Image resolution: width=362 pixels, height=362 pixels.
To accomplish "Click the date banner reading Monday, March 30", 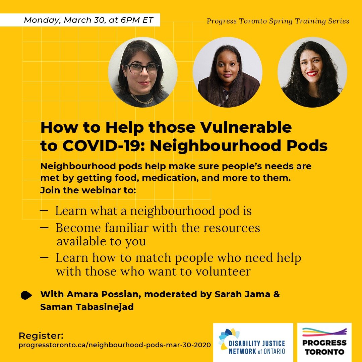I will click(x=88, y=20).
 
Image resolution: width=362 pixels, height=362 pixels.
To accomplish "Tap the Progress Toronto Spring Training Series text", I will click(x=278, y=21).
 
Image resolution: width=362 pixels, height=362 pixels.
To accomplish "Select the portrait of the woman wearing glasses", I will click(x=143, y=72).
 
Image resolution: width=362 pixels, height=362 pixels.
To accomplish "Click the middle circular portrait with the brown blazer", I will click(x=228, y=72).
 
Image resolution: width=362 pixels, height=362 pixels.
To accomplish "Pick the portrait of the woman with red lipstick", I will click(x=312, y=72).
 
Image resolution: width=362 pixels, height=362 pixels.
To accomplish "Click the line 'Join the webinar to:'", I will click(x=88, y=190).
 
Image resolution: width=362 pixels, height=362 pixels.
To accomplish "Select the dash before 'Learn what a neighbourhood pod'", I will click(x=44, y=210).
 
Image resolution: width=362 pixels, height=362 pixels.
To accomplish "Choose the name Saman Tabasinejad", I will click(x=87, y=307).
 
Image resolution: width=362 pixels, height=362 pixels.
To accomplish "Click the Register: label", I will click(x=41, y=336).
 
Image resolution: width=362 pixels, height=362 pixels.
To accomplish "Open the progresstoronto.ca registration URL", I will click(x=115, y=345).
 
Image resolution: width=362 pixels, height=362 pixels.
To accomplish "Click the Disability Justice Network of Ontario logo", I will click(x=253, y=342).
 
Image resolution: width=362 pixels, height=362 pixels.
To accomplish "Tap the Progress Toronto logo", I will click(x=324, y=342).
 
